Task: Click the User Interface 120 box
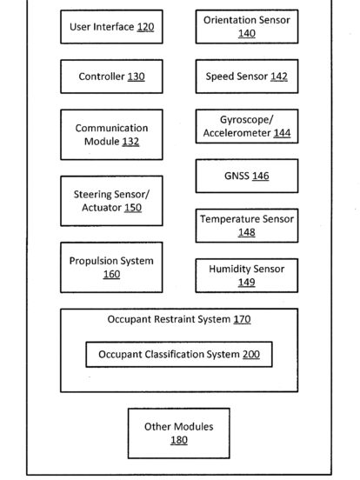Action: pos(111,27)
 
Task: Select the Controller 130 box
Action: pos(111,77)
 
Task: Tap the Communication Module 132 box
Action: pos(111,135)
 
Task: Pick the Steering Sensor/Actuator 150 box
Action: pos(111,201)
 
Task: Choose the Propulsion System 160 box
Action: pos(111,267)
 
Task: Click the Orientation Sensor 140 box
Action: pos(247,27)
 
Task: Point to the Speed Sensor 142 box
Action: pos(247,77)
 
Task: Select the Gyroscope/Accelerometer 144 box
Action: pos(247,126)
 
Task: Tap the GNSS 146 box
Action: pos(247,176)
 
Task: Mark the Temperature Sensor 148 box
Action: pos(247,225)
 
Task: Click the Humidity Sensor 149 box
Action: pos(247,276)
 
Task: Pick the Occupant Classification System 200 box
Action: pos(179,354)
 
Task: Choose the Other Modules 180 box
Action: pos(179,433)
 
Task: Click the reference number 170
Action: pos(242,319)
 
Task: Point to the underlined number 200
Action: pos(251,355)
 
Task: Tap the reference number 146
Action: pos(261,176)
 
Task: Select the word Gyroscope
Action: pos(246,120)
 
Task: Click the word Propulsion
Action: pos(90,261)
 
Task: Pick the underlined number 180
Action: pos(179,440)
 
